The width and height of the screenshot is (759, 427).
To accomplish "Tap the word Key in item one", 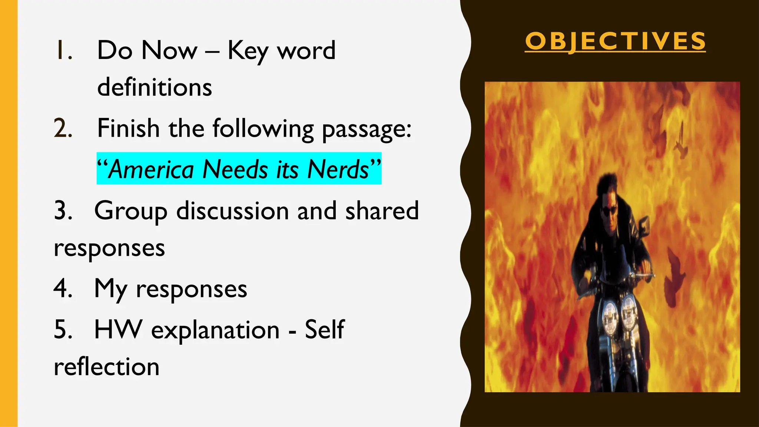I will tap(247, 51).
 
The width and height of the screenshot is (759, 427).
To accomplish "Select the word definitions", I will tap(155, 87).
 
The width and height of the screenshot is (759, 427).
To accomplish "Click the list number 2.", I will tap(63, 129).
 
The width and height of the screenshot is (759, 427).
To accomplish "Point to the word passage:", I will tap(367, 130).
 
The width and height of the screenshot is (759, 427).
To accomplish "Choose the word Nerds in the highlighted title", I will tap(338, 170).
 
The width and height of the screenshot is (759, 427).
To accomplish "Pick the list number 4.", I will tap(63, 288).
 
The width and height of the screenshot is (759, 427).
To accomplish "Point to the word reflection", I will tap(107, 367).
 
